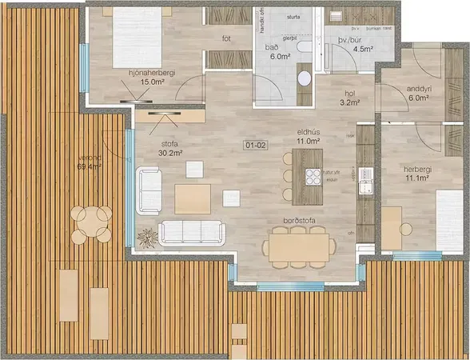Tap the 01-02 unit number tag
tap(257, 146)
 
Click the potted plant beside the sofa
tap(147, 237)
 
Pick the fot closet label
tap(226, 38)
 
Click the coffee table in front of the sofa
tap(193, 198)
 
